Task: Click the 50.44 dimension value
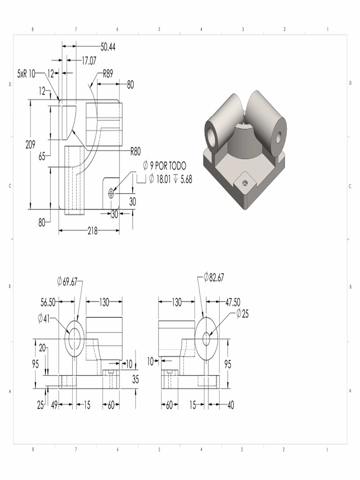tap(108, 46)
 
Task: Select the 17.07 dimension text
tap(89, 60)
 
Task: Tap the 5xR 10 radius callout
tap(26, 74)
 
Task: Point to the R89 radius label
tap(108, 74)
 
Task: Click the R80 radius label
tap(135, 151)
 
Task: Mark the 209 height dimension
tap(30, 145)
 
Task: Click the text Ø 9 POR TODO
tap(165, 166)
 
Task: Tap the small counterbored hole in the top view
tap(111, 193)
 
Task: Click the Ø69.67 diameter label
tap(67, 281)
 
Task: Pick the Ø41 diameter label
tap(44, 319)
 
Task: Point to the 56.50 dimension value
tap(48, 303)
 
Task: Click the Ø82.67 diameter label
tap(214, 277)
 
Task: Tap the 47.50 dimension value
tap(233, 302)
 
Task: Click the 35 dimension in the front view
tap(135, 380)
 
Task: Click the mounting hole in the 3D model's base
tap(244, 183)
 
